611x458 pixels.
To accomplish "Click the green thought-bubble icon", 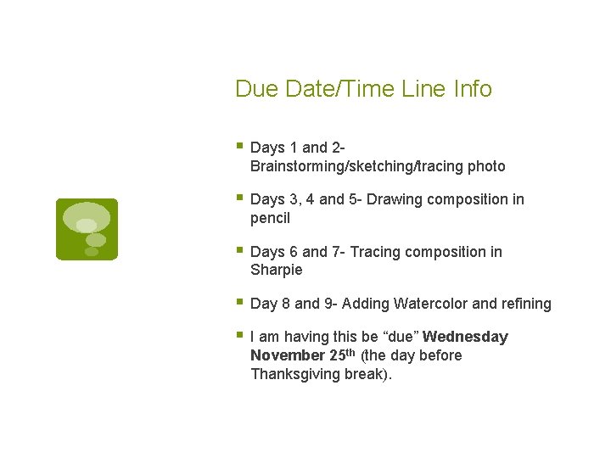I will [87, 229].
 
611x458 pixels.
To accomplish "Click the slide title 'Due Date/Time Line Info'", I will [363, 89].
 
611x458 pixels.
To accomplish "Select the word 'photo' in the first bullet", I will [485, 166].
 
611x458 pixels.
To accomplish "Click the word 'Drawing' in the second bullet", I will [397, 199].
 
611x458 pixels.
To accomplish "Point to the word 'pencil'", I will [270, 218].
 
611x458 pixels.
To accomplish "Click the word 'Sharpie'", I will [276, 270].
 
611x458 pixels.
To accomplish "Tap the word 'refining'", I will [526, 304].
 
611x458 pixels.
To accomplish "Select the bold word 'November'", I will [288, 355].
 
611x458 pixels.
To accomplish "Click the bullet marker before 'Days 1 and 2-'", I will [239, 147].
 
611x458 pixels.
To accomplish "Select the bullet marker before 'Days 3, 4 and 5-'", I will [239, 198].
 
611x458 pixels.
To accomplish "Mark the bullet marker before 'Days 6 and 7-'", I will [239, 251].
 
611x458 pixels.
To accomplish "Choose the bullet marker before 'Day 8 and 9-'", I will [239, 303].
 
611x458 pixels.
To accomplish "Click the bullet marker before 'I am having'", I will [239, 336].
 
